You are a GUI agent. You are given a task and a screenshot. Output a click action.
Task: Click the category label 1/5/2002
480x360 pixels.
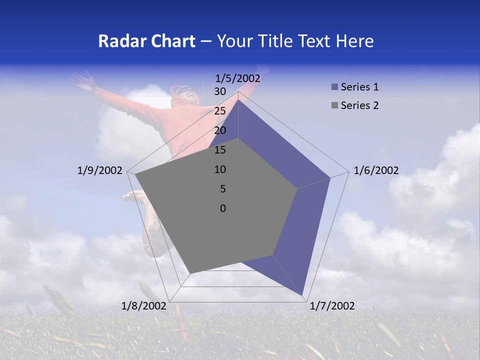point(238,78)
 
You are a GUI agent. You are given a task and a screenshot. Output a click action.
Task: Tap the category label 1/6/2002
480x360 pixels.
point(376,170)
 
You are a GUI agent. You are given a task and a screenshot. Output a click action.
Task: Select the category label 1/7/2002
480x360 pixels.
point(332,306)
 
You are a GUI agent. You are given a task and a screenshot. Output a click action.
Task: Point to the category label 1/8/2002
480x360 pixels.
point(144,306)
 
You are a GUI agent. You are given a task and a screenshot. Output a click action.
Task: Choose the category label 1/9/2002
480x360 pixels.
point(100,170)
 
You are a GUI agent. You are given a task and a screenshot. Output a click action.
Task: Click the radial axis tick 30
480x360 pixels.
point(220,91)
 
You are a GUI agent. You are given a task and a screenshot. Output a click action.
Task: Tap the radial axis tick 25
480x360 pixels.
point(220,111)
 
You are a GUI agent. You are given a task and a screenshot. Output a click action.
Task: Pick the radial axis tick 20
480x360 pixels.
point(220,130)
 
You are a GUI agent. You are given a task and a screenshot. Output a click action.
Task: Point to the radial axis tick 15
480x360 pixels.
point(220,150)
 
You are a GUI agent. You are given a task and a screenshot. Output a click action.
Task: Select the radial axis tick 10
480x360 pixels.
point(220,169)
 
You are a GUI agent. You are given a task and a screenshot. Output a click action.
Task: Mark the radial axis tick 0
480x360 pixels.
point(223,208)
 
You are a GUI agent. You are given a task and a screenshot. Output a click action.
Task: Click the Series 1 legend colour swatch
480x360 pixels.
point(334,87)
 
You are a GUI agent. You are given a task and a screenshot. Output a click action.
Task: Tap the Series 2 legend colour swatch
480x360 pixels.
point(334,105)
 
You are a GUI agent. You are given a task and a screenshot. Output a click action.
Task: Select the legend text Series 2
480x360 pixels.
point(359,105)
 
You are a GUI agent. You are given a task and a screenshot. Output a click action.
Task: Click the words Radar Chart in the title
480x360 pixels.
point(146,41)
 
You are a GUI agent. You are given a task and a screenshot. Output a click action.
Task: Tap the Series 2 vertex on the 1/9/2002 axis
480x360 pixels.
point(135,174)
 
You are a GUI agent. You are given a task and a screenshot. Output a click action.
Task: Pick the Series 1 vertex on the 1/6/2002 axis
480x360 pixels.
point(330,177)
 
